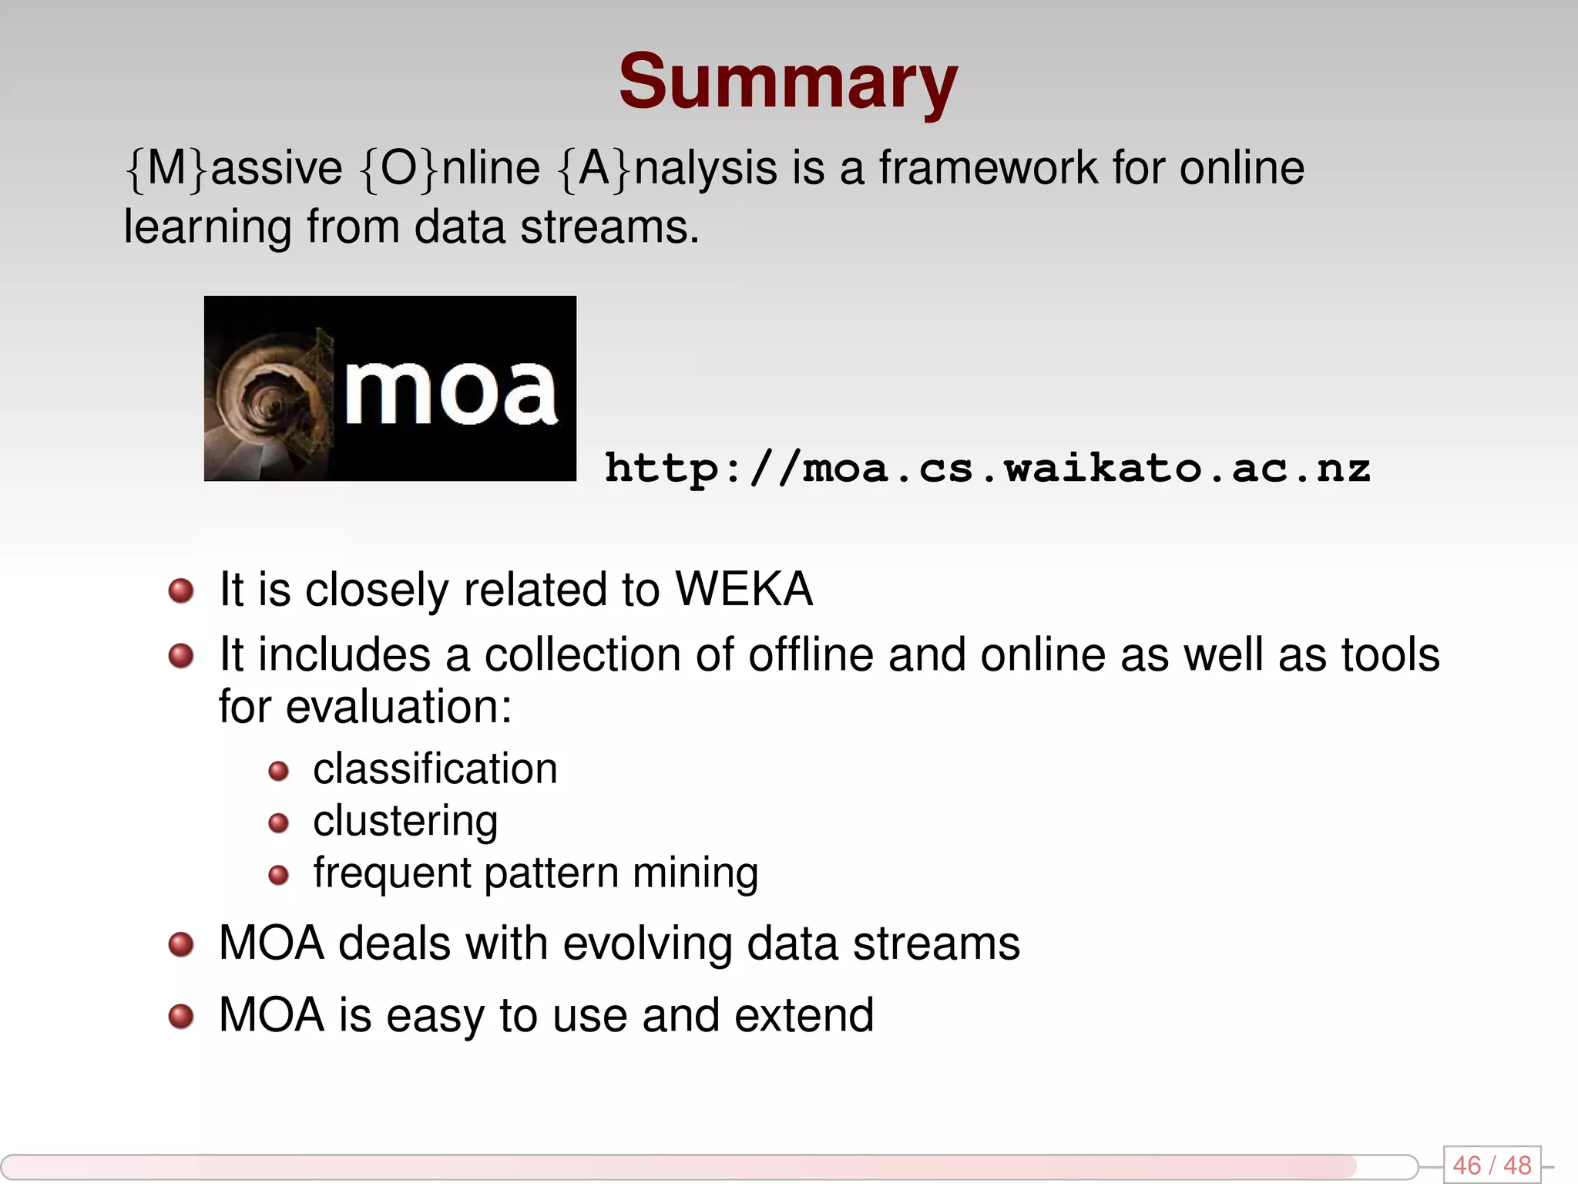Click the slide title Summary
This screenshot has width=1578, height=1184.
click(787, 82)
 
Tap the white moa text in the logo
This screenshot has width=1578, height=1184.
click(450, 392)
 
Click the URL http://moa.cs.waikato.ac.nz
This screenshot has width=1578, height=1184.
click(987, 468)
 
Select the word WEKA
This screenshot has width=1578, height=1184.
click(744, 590)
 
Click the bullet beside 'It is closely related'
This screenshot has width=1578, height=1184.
click(181, 591)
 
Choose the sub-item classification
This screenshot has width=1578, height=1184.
click(435, 769)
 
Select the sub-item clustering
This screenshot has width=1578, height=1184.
click(405, 821)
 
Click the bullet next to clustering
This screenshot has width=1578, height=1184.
click(278, 823)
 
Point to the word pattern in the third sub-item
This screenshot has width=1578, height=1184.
click(551, 873)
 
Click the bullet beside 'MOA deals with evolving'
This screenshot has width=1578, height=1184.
click(181, 944)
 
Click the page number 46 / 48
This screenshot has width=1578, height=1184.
click(1492, 1165)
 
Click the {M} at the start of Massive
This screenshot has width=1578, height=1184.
click(166, 168)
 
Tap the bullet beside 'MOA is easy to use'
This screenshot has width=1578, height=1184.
click(181, 1016)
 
